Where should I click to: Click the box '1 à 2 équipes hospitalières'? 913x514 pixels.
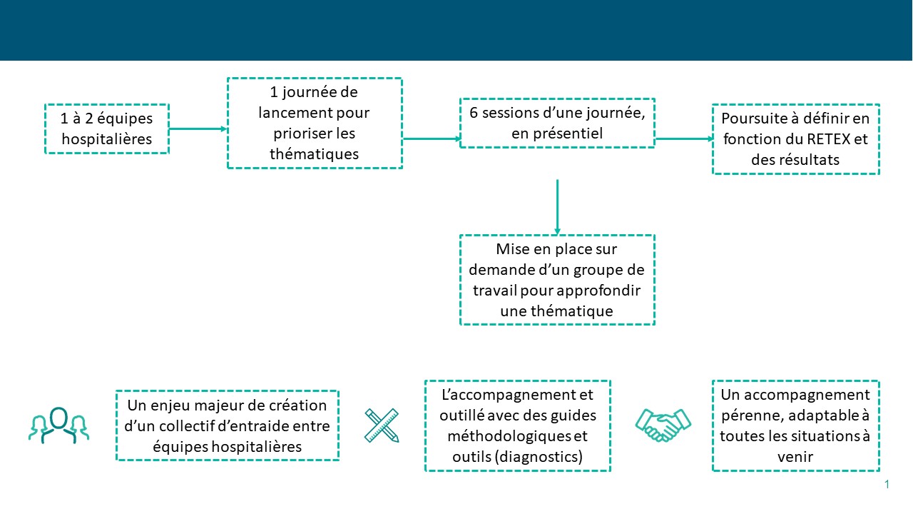click(107, 129)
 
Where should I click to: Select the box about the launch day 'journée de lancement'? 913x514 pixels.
click(315, 124)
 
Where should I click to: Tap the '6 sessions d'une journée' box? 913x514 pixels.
click(557, 124)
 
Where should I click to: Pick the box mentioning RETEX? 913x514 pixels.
click(795, 139)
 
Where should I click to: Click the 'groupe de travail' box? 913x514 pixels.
click(557, 280)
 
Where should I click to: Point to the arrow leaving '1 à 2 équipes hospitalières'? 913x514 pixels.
click(198, 129)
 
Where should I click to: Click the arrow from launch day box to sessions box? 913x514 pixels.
click(432, 138)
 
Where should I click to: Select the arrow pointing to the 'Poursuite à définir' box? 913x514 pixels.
click(684, 138)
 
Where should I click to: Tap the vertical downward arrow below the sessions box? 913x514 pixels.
click(557, 207)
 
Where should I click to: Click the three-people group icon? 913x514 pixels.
click(59, 425)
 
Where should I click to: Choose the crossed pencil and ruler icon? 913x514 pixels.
click(382, 425)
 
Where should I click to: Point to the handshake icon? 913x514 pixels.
click(663, 425)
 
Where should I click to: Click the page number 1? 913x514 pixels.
click(887, 484)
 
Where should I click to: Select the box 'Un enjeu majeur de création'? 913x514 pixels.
click(228, 425)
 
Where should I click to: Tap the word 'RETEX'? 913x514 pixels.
click(829, 139)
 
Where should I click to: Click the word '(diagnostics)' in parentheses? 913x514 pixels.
click(539, 456)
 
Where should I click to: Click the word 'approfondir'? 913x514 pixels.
click(598, 291)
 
